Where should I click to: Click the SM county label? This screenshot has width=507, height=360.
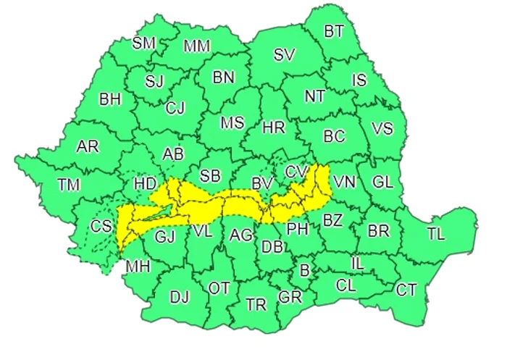[x=143, y=43]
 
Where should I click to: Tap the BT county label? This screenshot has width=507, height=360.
[x=334, y=31]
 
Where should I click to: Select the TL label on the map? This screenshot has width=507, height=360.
[x=436, y=235]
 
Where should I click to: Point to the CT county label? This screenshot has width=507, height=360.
[x=406, y=290]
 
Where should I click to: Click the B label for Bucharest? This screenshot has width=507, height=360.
[x=304, y=271]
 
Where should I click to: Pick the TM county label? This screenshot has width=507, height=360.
[x=69, y=185]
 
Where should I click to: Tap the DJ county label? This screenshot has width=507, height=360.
[x=179, y=296]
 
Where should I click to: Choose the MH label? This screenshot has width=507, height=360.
[x=138, y=267]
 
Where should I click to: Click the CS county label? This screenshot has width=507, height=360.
[x=101, y=226]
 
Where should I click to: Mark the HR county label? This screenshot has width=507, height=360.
[x=273, y=128]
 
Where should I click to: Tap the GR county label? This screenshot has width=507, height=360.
[x=290, y=296]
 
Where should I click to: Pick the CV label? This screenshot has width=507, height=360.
[x=296, y=172]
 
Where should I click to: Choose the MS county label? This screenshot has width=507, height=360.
[x=232, y=123]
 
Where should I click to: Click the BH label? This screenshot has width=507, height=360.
[x=110, y=99]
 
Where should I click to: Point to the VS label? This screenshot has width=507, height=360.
[x=382, y=129]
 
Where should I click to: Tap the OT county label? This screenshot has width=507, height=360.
[x=219, y=288]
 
